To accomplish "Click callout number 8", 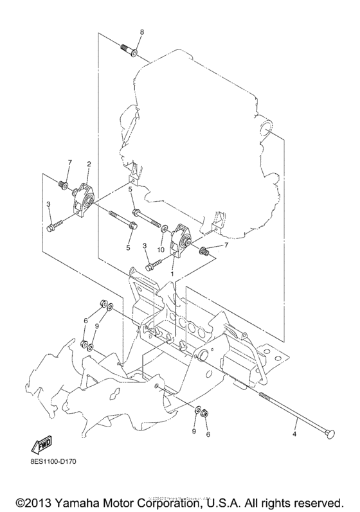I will point(142,32).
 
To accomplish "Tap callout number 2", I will point(88,164).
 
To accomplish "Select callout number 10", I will point(161,249).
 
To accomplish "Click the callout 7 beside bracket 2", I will point(70,161).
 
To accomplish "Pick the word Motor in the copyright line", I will point(131,499).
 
